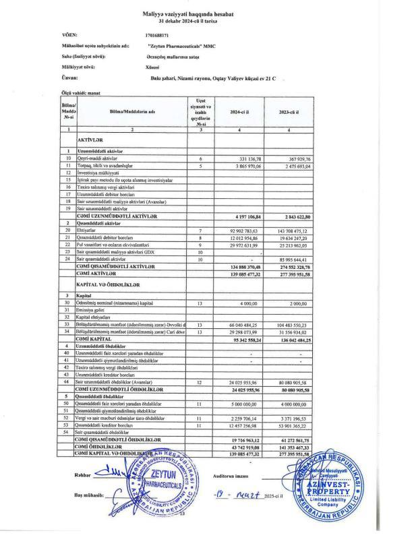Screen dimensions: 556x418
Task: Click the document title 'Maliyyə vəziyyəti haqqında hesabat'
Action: [x=209, y=14]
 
